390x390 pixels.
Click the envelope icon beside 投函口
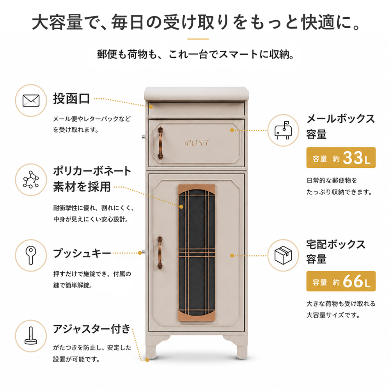point(31,101)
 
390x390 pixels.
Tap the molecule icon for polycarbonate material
point(31,179)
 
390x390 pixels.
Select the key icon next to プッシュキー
point(31,255)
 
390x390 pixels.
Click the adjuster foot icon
point(31,335)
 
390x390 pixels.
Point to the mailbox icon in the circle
point(283,131)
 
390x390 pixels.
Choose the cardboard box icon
point(283,255)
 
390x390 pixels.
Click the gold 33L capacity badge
point(341,158)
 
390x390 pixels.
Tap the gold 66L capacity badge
point(341,281)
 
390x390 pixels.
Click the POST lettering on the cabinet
point(197,143)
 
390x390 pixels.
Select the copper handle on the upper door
point(161,143)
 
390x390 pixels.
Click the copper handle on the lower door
point(160,253)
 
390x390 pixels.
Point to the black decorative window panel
point(197,252)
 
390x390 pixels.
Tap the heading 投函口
point(71,99)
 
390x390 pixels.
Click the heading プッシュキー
point(82,253)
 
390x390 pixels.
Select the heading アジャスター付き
point(92,329)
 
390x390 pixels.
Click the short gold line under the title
point(198,39)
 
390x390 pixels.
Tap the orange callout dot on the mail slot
point(151,106)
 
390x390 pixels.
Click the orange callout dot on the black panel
point(181,207)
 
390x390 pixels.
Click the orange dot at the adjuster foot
point(147,360)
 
